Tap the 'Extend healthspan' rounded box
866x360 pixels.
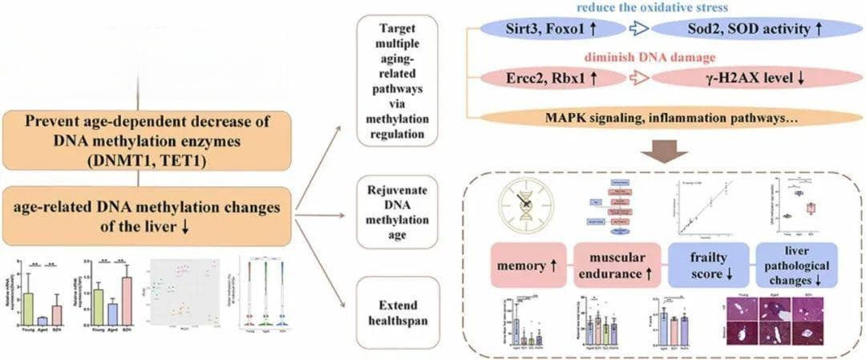(x=396, y=308)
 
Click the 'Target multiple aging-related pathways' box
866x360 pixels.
(x=396, y=80)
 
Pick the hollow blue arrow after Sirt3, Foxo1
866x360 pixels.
(x=638, y=30)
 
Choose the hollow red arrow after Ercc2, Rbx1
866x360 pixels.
(x=638, y=79)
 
